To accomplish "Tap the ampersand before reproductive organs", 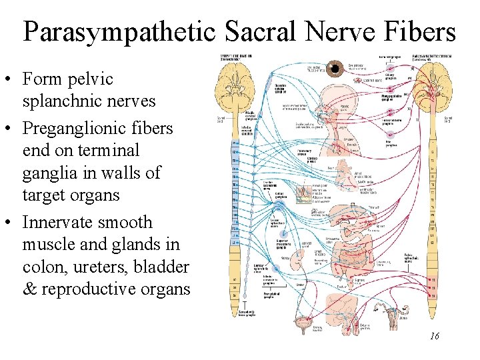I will (x=29, y=289).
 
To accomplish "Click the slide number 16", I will (x=434, y=337).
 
